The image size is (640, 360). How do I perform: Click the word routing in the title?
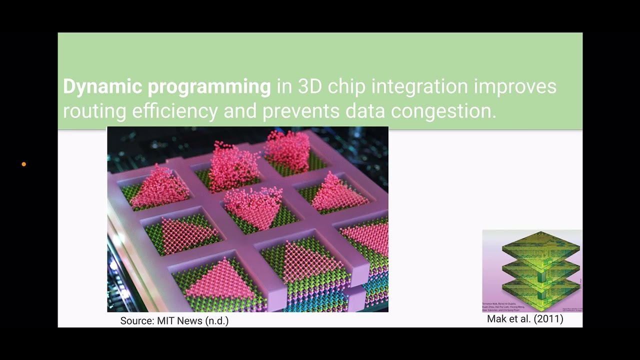click(x=94, y=111)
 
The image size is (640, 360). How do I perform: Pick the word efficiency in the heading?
click(x=174, y=111)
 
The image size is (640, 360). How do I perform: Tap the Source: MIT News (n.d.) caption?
click(x=174, y=321)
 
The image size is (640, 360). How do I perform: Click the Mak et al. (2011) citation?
click(x=525, y=319)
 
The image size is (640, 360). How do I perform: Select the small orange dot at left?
click(x=23, y=164)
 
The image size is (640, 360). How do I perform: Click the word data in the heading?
click(x=362, y=111)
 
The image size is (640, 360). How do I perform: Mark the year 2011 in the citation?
click(x=548, y=319)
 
